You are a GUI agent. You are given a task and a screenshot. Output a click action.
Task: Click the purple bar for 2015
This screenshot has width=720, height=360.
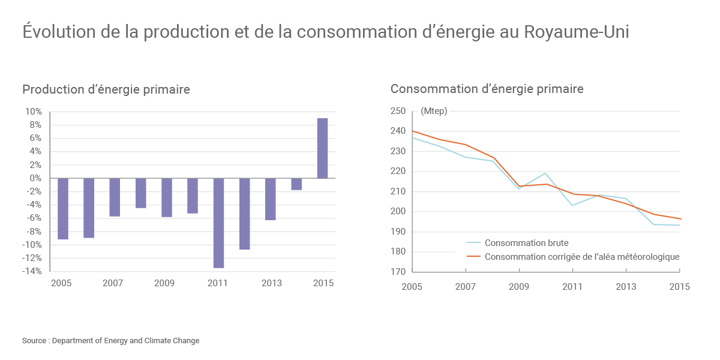click(x=322, y=148)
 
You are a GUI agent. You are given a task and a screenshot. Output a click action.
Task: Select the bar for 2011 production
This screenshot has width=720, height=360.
click(x=218, y=223)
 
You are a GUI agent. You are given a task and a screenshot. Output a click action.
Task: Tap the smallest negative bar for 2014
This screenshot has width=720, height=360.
click(x=296, y=184)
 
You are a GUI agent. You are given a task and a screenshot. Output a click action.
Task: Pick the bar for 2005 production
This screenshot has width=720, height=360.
click(x=63, y=209)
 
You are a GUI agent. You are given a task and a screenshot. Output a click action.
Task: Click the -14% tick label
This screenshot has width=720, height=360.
click(x=33, y=271)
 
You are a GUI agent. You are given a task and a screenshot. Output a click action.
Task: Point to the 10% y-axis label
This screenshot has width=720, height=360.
click(x=34, y=112)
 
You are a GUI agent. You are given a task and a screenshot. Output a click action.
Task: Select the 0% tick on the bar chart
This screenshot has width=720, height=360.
click(x=35, y=178)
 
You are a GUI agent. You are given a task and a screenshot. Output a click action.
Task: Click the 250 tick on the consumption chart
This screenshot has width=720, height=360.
click(x=398, y=111)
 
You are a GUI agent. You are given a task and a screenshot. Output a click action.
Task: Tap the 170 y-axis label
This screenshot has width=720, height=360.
click(x=398, y=272)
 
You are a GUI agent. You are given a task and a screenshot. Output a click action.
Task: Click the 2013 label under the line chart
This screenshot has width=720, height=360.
click(x=626, y=287)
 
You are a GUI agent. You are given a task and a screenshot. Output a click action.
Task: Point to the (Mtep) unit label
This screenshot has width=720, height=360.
click(x=434, y=111)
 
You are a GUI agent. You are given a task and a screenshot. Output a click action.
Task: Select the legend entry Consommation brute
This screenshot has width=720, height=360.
click(x=526, y=243)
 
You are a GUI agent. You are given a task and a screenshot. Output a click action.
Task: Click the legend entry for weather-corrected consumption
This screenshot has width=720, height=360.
click(x=581, y=257)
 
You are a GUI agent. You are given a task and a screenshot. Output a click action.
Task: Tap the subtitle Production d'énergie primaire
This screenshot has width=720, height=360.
click(x=106, y=89)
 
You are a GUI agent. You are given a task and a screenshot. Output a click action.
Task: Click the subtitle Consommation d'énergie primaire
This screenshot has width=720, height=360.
click(x=487, y=89)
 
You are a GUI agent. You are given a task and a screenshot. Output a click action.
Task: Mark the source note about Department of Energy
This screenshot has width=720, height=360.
click(x=111, y=341)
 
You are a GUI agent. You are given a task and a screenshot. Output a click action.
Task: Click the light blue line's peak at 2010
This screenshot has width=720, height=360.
click(x=546, y=173)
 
